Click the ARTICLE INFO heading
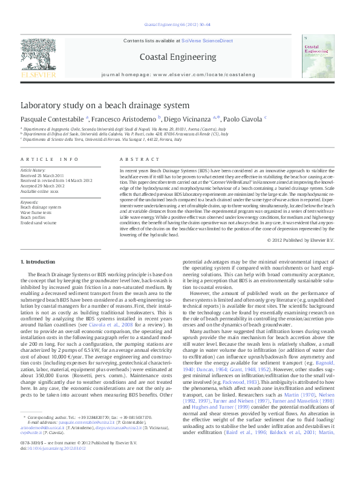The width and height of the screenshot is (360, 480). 50,158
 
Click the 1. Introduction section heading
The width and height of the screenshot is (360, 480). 38,261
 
